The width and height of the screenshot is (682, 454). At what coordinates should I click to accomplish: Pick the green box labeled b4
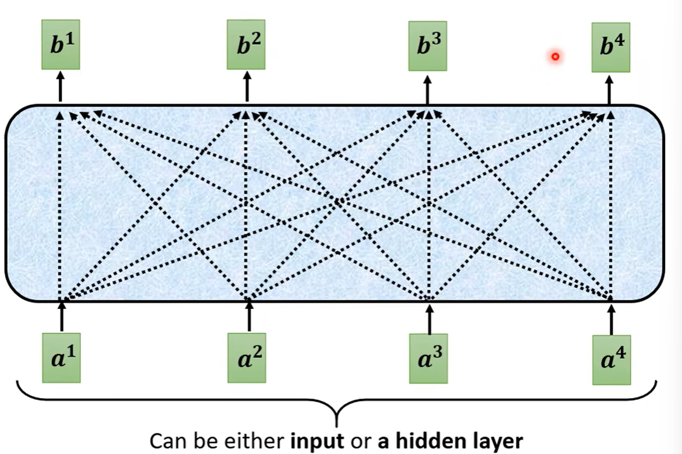[610, 48]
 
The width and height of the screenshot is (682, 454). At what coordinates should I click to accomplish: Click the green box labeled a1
[61, 357]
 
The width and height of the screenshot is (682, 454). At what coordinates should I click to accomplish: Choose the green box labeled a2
[247, 357]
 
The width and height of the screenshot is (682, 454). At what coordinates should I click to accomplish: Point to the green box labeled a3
[428, 358]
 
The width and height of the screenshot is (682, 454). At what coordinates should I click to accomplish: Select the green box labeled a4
[611, 360]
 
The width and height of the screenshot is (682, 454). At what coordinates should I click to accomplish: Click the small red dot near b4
[555, 57]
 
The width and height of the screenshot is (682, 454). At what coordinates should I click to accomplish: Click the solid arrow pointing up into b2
[247, 86]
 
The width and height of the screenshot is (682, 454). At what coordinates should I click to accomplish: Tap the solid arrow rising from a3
[430, 318]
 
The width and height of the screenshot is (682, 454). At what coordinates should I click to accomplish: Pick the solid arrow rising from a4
[611, 318]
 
